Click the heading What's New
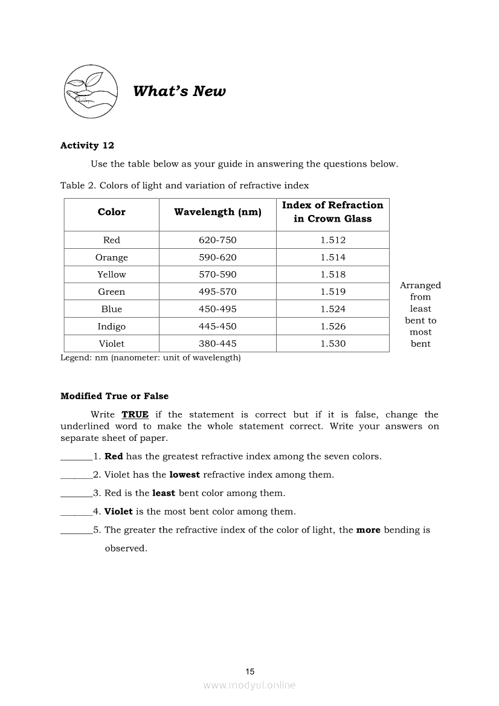pyautogui.click(x=179, y=91)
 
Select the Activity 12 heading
pyautogui.click(x=87, y=146)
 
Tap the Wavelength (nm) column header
pyautogui.click(x=217, y=212)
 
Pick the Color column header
pyautogui.click(x=112, y=212)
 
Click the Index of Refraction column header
pyautogui.click(x=332, y=212)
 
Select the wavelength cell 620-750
pyautogui.click(x=217, y=240)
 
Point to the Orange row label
pyautogui.click(x=112, y=258)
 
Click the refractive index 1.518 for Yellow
pyautogui.click(x=333, y=275)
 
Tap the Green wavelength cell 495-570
pyautogui.click(x=217, y=292)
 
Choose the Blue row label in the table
pyautogui.click(x=112, y=309)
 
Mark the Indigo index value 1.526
pyautogui.click(x=333, y=327)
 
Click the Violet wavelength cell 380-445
pyautogui.click(x=217, y=344)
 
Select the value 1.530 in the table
pyautogui.click(x=333, y=344)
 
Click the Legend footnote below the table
pyautogui.click(x=150, y=358)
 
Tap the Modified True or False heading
pyautogui.click(x=115, y=396)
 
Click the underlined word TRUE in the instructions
pyautogui.click(x=135, y=415)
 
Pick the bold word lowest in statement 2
pyautogui.click(x=184, y=475)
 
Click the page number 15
pyautogui.click(x=250, y=672)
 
